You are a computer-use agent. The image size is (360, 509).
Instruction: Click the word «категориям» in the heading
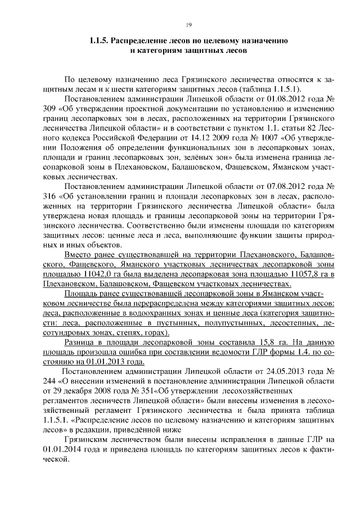point(156,51)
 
